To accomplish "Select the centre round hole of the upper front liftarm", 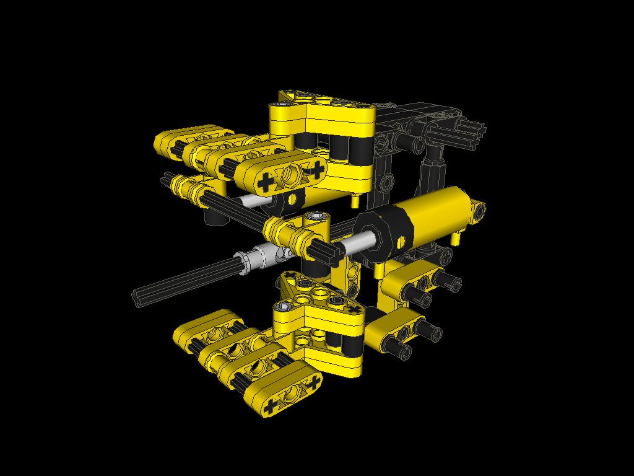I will [x=291, y=175].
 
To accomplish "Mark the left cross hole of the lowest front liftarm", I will [x=271, y=407].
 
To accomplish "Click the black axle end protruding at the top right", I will [x=474, y=131].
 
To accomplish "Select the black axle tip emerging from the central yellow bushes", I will [x=328, y=250].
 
